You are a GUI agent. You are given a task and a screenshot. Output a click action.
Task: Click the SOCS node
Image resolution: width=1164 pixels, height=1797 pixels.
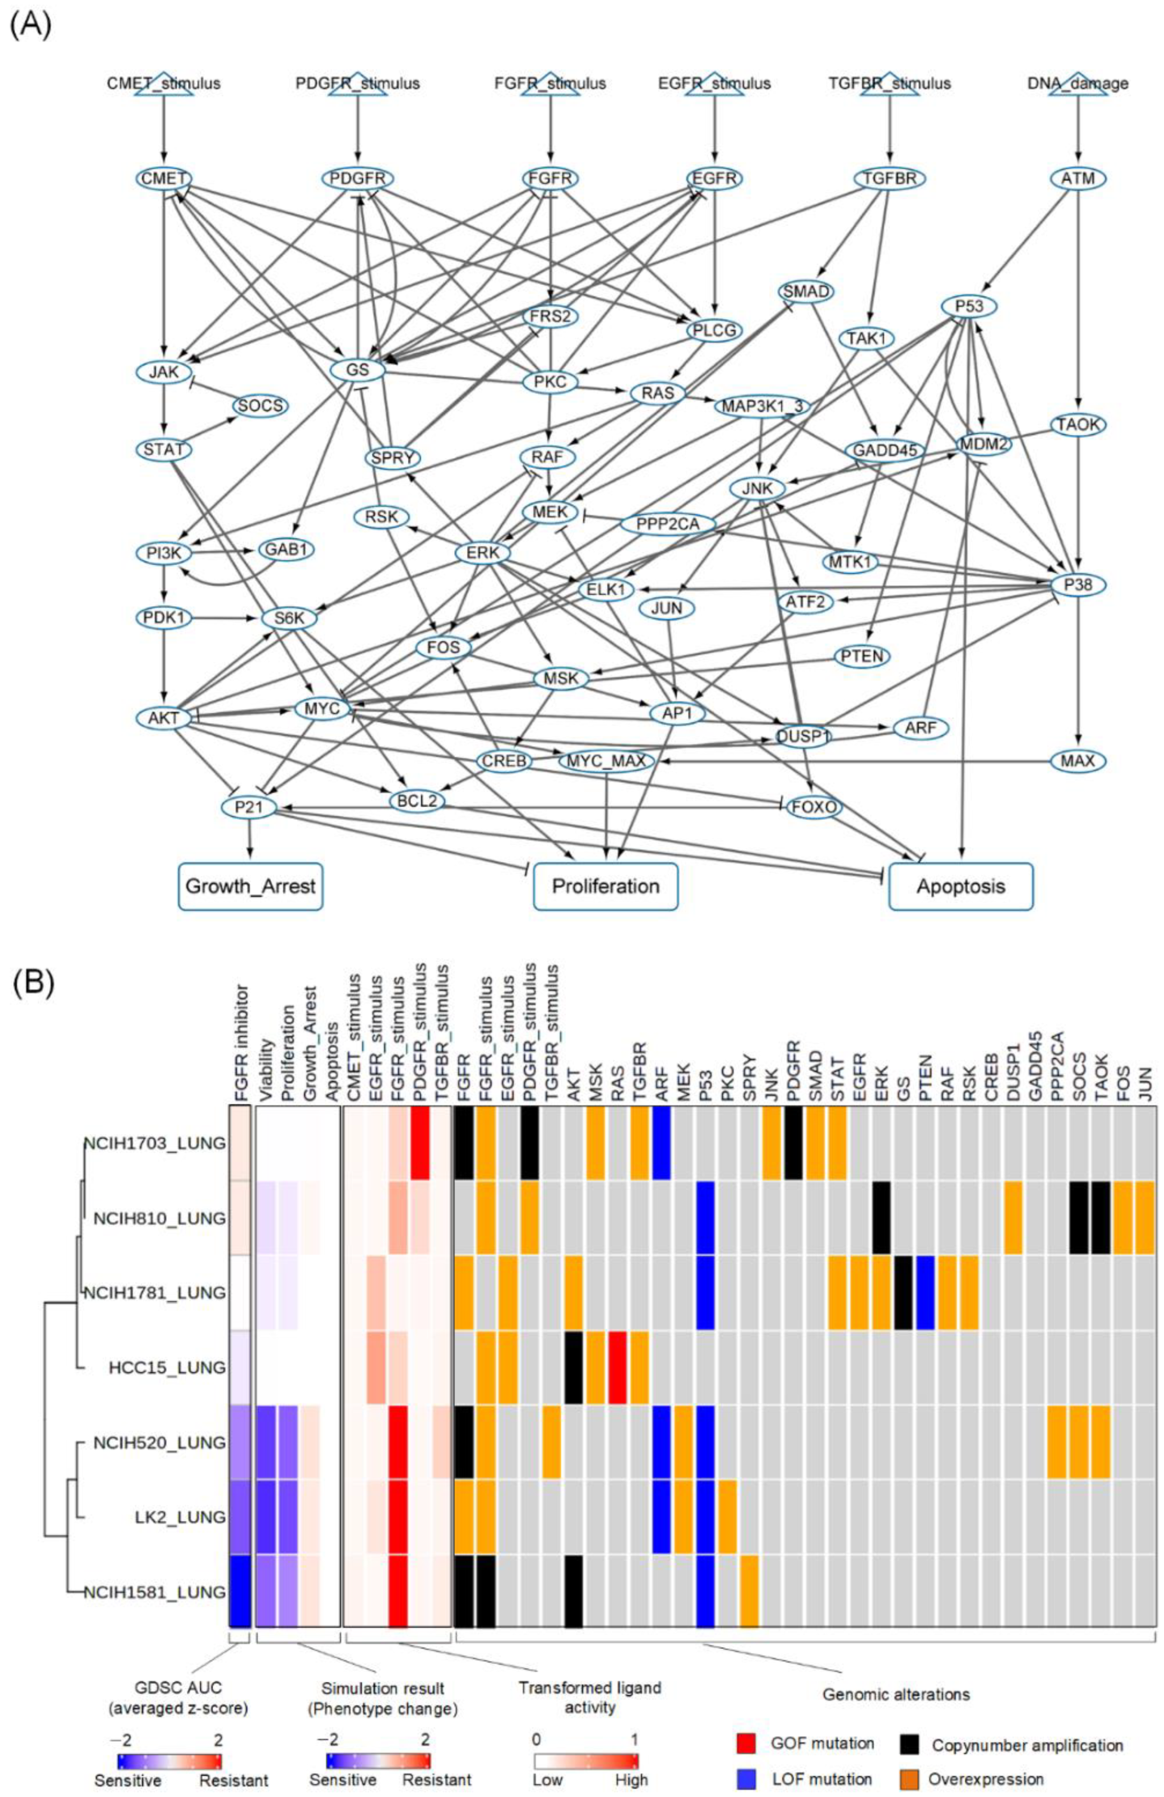[x=260, y=406]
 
